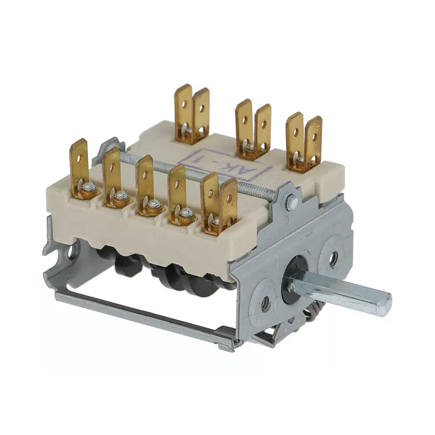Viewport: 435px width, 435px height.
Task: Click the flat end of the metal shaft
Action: [384, 301]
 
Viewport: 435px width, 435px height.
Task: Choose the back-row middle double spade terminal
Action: [253, 128]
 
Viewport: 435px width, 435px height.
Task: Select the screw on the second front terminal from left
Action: [120, 196]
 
